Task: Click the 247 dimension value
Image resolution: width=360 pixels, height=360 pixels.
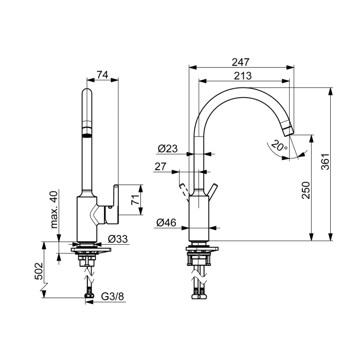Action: [x=240, y=62]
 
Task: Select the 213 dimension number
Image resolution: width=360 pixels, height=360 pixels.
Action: [x=243, y=76]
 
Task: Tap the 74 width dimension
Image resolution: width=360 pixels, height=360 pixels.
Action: [x=102, y=75]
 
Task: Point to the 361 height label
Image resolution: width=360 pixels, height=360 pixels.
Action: [x=325, y=161]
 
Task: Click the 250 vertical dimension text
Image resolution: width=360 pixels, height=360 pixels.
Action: [x=306, y=190]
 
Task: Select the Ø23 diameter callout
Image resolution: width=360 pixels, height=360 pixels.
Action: [x=168, y=149]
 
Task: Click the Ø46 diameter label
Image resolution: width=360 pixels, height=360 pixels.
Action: [x=166, y=223]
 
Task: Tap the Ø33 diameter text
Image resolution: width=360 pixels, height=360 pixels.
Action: [x=118, y=239]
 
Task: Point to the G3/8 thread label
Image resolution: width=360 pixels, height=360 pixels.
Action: [x=113, y=296]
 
